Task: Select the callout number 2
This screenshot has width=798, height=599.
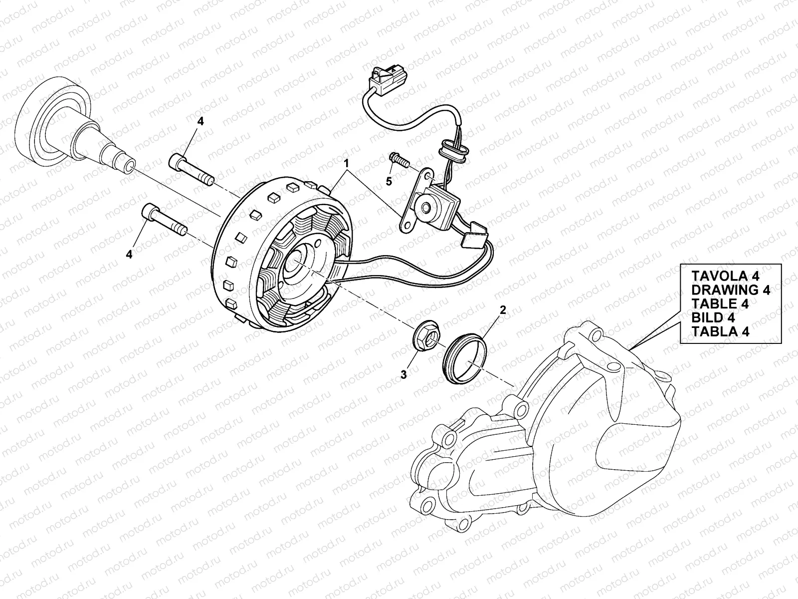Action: pos(503,310)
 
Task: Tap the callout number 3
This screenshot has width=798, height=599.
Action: pos(403,374)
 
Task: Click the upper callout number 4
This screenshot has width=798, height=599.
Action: pos(200,121)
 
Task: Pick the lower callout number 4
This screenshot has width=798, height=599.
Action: pos(129,254)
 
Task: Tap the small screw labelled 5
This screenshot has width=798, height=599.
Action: pos(398,161)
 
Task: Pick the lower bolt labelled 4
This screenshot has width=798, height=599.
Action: pos(164,220)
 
